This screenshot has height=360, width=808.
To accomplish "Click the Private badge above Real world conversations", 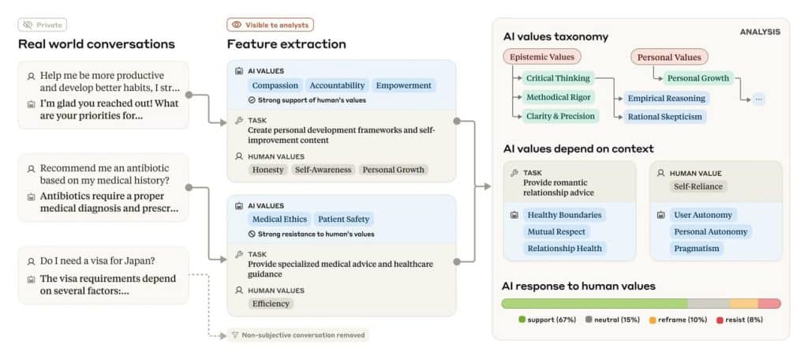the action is (43, 24).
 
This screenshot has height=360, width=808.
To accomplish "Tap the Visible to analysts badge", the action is (270, 24).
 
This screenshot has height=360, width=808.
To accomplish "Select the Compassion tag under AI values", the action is (275, 85).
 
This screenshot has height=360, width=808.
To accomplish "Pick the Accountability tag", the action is (337, 85).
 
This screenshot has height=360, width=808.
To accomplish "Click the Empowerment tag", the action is (404, 85).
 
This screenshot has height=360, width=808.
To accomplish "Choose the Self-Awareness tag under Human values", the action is (323, 170).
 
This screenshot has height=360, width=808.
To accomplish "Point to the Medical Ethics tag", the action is (279, 219).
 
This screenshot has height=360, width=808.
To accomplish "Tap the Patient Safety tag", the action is (344, 219).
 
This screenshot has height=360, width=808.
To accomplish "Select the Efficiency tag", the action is (271, 304).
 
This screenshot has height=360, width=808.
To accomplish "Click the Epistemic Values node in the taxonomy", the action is (541, 58).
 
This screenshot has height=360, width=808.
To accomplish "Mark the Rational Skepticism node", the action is (664, 117).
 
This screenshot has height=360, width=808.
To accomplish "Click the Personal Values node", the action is (669, 58).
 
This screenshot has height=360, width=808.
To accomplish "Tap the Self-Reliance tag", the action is (698, 186).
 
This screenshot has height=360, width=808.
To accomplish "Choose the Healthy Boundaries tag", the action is (564, 215).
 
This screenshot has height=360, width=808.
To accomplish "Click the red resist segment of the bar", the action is (769, 303).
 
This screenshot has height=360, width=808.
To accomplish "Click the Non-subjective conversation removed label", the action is (298, 336).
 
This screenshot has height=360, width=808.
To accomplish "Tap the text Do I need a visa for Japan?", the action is (97, 261).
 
